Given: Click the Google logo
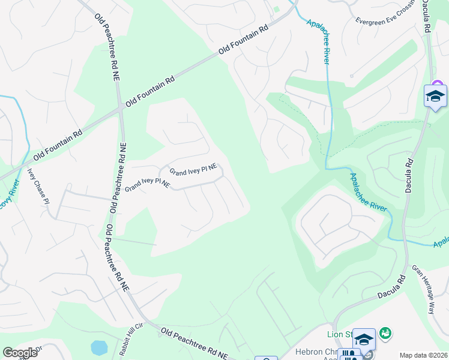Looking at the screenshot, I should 20,353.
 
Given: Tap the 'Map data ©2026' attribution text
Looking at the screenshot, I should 423,355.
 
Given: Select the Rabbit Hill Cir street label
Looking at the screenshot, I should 133,340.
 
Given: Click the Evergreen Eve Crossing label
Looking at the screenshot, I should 384,19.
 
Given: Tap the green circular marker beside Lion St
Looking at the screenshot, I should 385,332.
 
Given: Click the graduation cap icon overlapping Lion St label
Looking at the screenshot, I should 364,339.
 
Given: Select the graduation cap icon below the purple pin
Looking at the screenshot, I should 435,96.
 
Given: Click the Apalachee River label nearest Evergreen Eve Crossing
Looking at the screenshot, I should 319,41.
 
